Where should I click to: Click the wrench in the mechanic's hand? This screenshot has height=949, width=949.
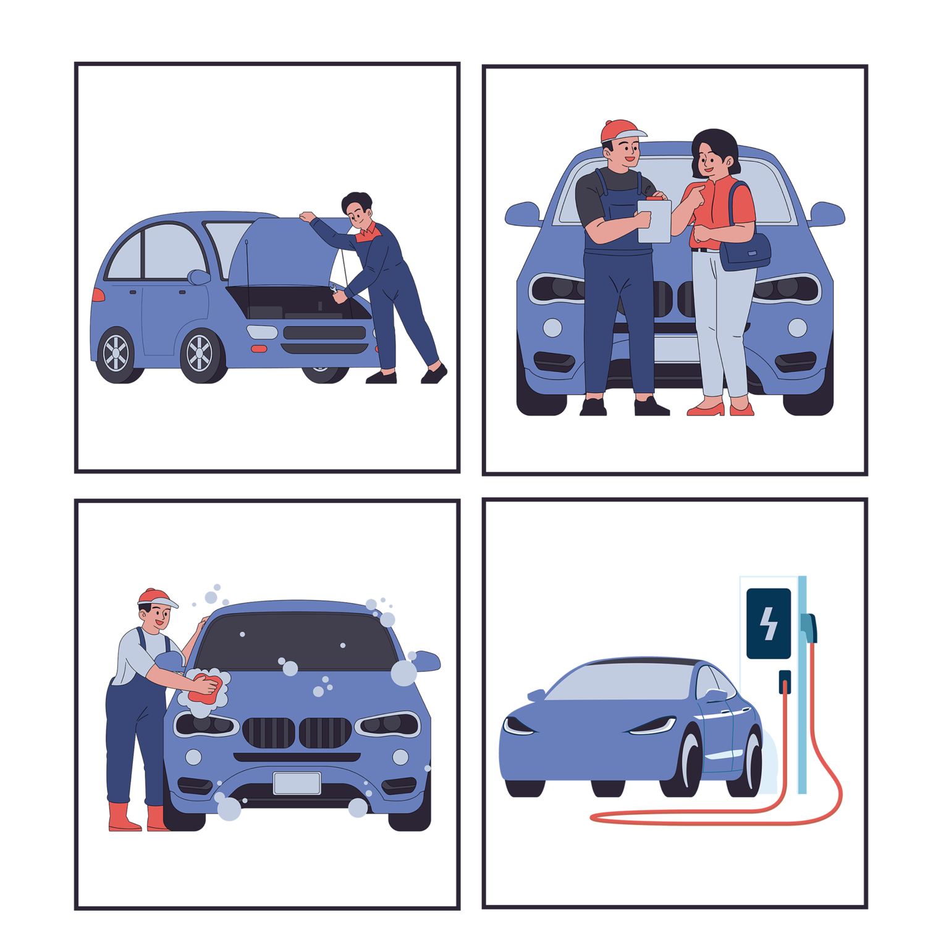point(335,292)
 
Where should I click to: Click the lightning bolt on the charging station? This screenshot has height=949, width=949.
point(769,623)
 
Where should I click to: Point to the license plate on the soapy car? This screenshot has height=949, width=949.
point(297,783)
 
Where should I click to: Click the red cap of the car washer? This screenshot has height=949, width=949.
point(155,597)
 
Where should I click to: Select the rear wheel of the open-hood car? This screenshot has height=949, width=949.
point(116,355)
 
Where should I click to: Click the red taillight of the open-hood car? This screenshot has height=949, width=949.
point(98,295)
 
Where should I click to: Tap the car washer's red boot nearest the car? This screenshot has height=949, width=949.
point(156,818)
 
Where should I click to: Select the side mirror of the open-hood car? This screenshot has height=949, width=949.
point(199,277)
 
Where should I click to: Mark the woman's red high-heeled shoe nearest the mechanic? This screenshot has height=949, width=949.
point(706,409)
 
